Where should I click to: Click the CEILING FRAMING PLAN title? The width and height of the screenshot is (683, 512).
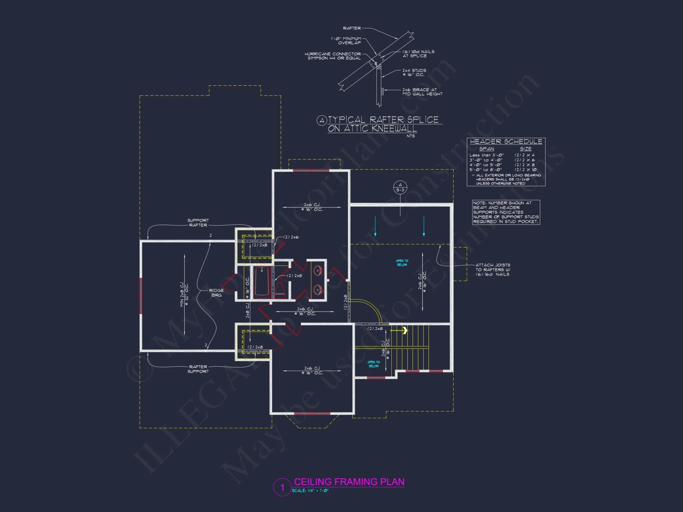pos(349,482)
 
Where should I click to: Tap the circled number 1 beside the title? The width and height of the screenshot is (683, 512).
pos(282,487)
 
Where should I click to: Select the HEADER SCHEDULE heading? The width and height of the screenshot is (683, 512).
pos(506,142)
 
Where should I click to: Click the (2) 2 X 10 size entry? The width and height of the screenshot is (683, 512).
pos(525,170)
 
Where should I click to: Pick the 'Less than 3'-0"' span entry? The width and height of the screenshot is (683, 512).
pos(486,155)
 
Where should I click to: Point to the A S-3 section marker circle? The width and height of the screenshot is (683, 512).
pos(400,187)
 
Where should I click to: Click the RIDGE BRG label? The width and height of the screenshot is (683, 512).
pos(216,293)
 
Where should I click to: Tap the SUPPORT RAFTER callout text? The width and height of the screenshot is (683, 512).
pos(198,223)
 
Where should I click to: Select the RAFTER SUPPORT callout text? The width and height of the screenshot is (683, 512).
pos(198,369)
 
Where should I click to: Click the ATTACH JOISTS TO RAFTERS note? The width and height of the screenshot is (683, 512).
pos(493,270)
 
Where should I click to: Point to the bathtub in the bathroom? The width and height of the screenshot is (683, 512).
pos(262,282)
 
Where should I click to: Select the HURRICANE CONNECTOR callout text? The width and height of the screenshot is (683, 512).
pos(333,56)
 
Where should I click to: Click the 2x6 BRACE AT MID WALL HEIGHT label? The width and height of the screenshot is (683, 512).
pos(422,92)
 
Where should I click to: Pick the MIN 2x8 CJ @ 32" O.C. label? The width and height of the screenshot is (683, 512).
pos(184,294)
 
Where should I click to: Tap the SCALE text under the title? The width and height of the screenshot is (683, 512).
pos(310,491)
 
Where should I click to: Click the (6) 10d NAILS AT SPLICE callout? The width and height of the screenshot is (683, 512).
pos(418,54)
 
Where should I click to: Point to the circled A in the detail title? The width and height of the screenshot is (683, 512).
pos(322,120)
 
